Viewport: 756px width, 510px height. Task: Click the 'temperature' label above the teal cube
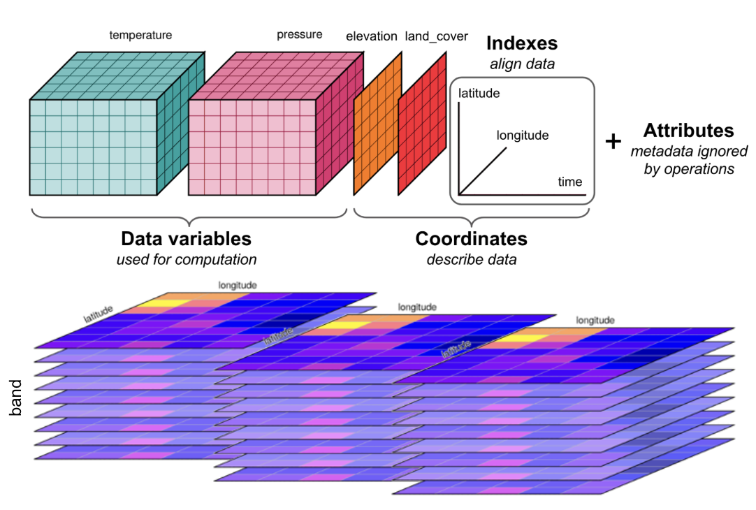coord(140,34)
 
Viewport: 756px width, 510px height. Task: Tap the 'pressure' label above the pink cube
coord(299,34)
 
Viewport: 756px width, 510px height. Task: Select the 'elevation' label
coord(371,36)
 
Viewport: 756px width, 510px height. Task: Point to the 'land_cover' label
coord(436,36)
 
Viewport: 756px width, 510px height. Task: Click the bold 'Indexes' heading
coord(521,43)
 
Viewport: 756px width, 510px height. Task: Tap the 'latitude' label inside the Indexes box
coord(479,93)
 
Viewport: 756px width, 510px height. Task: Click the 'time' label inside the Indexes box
coord(569,182)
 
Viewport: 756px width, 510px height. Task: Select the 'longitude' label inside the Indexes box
coord(523,136)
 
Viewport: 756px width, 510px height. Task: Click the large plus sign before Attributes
coord(613,142)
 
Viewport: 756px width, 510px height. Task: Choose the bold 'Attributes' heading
coord(688,131)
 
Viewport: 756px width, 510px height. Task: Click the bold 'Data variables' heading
coord(186,239)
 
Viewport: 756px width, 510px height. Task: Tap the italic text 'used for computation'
coord(186,260)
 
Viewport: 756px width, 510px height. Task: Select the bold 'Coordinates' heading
coord(471,239)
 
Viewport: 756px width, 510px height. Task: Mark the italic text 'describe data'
coord(471,260)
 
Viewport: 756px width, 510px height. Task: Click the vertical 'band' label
coord(17,398)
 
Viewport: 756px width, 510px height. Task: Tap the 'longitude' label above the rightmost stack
coord(595,320)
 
